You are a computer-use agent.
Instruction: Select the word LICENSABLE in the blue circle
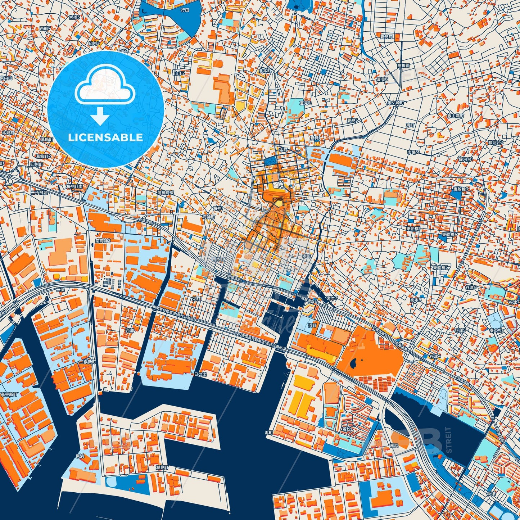point(106,137)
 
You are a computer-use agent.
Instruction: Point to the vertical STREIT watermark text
point(448,440)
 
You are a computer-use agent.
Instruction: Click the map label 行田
point(185,10)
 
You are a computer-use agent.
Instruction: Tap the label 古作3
point(74,17)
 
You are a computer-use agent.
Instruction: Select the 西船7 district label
point(46,28)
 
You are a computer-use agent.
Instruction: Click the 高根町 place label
point(403,65)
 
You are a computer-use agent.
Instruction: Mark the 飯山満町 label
point(446,116)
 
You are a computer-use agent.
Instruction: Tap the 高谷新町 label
point(9,394)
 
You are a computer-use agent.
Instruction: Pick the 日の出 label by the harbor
point(200,374)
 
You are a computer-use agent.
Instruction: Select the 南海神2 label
point(103,240)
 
